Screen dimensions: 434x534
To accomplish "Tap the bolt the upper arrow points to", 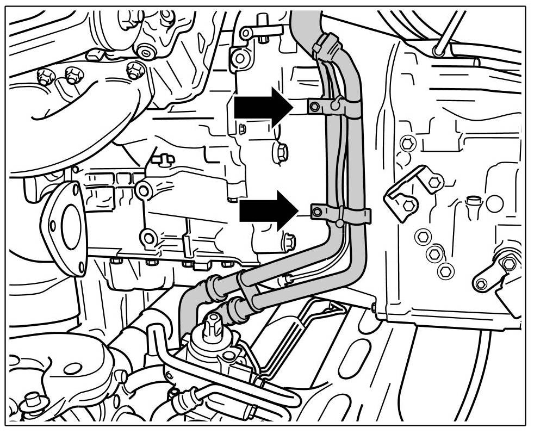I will coord(313,107).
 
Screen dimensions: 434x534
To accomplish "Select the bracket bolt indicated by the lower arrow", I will coord(315,211).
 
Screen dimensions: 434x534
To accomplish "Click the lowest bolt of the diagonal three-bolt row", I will coord(445,269).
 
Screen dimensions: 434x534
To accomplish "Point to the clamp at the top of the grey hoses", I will coord(325,45).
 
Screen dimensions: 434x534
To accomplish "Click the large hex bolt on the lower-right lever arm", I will coord(508,264).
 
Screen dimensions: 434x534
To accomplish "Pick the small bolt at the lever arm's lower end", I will coord(481,284).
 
